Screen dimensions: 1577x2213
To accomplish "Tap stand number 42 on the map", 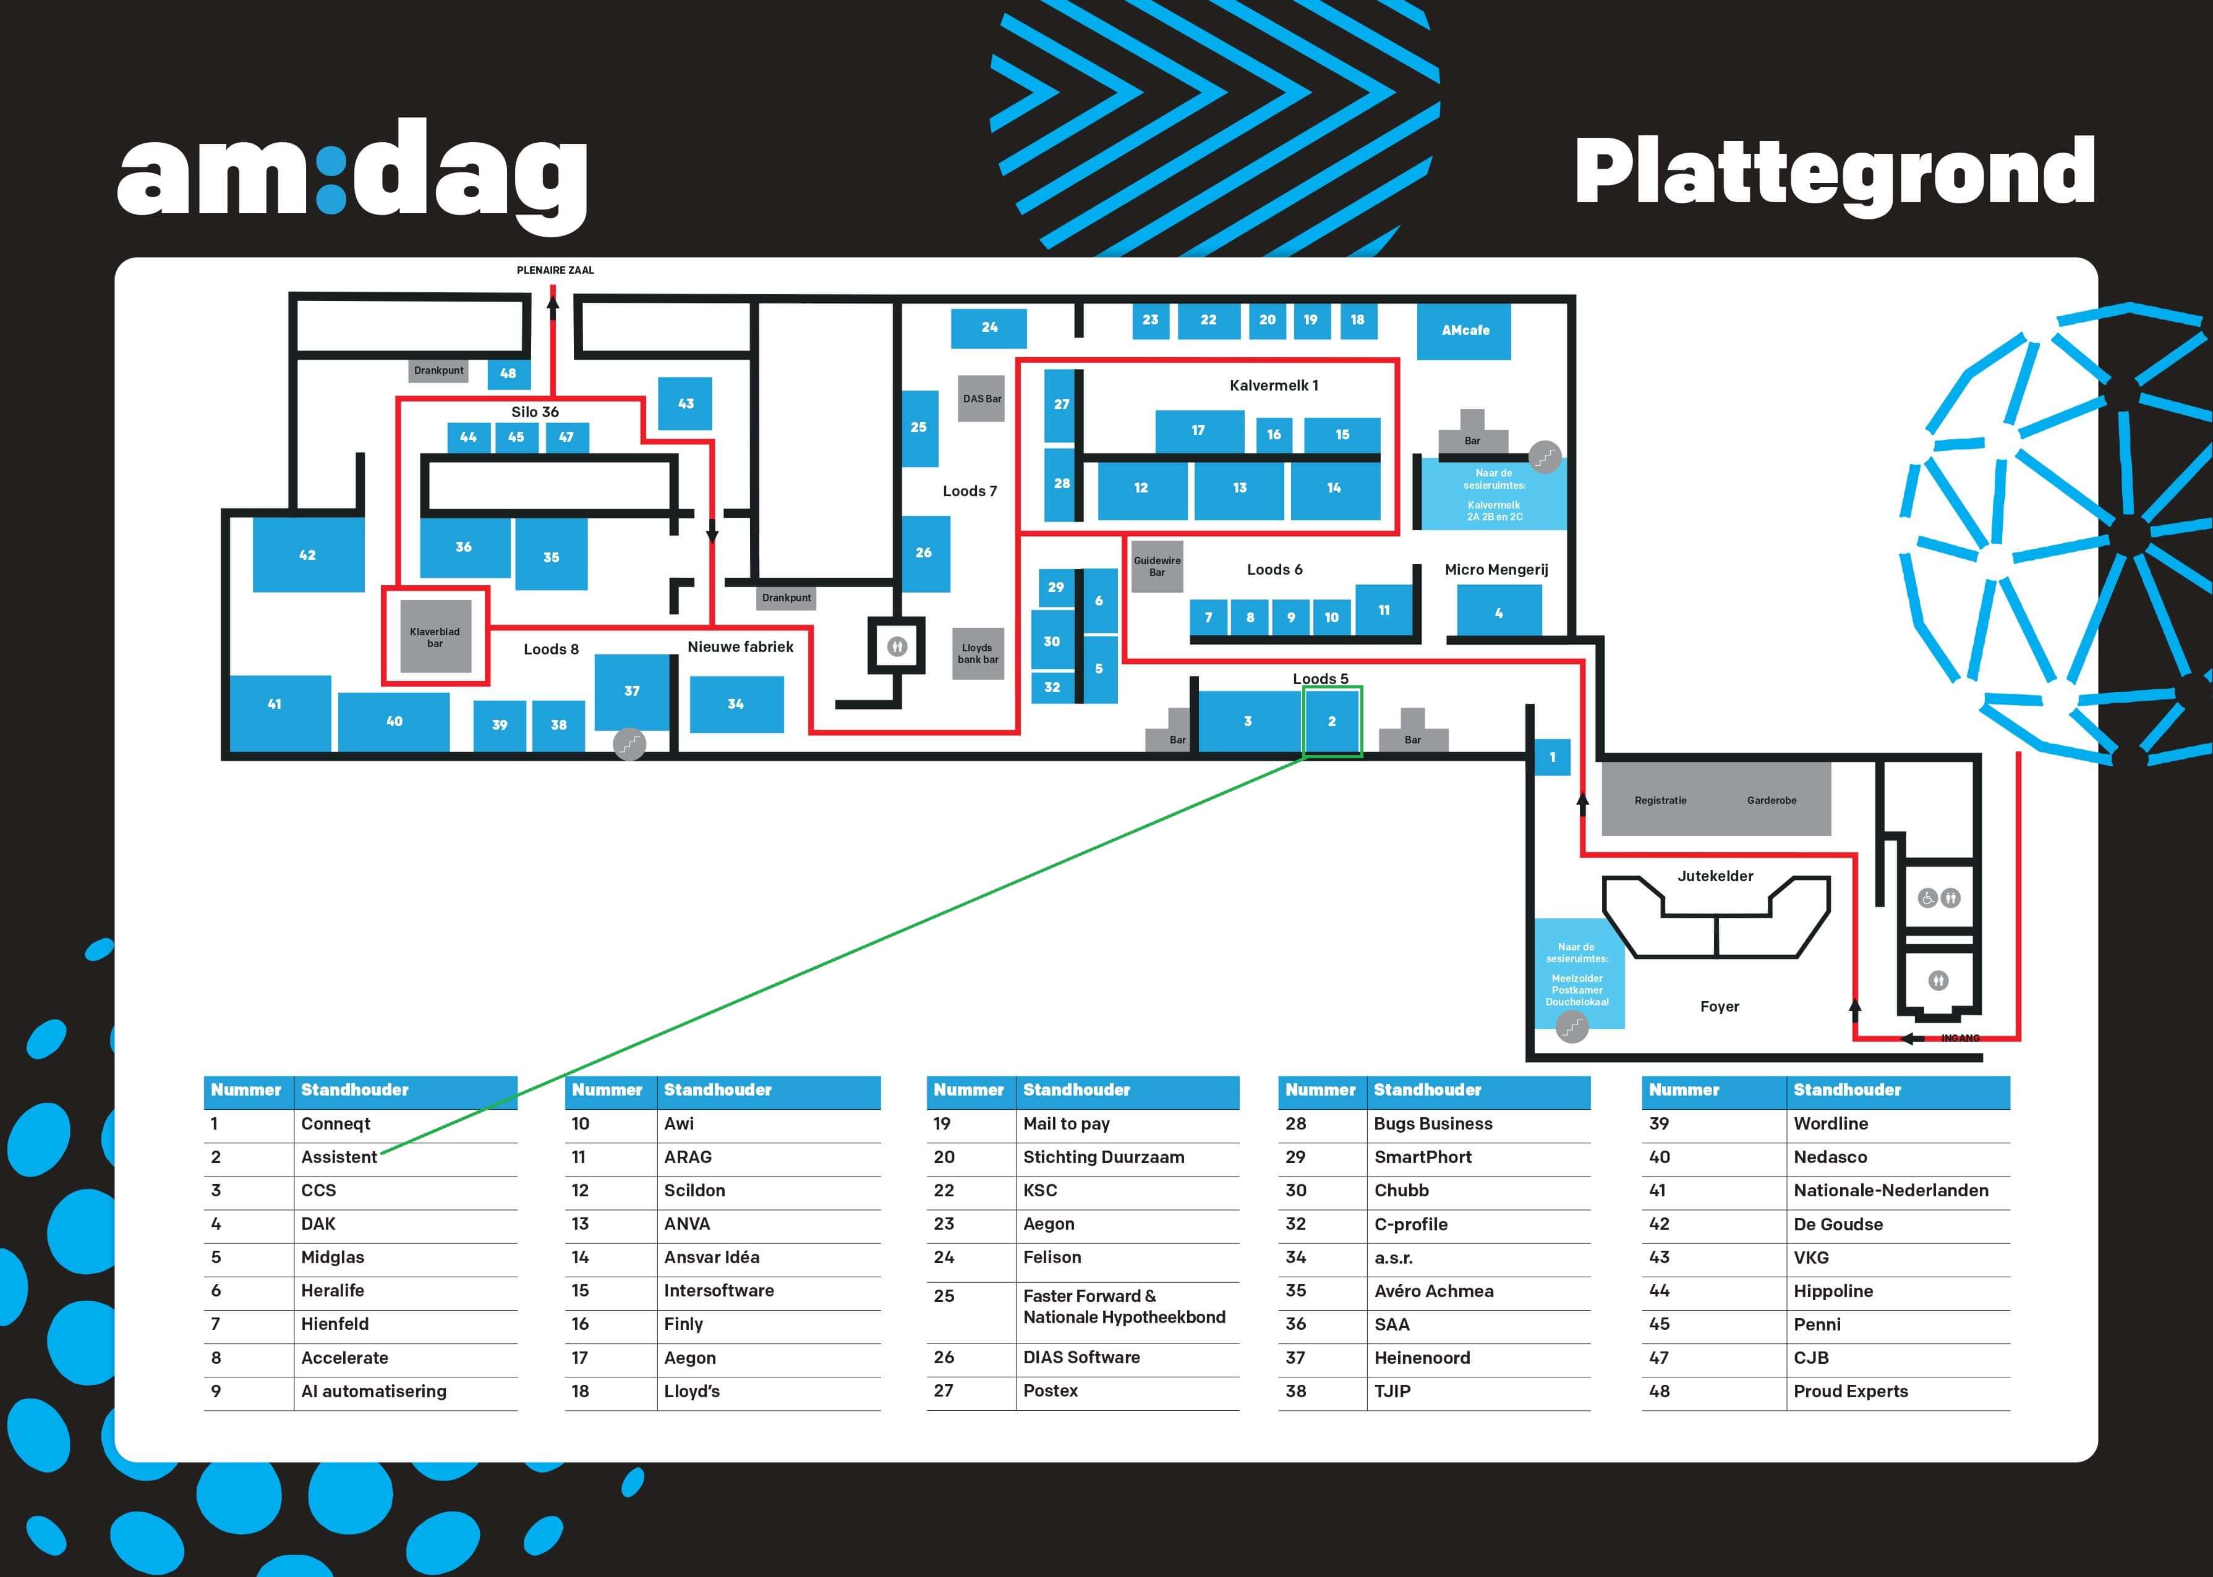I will (308, 554).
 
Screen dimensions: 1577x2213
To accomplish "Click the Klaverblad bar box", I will (435, 637).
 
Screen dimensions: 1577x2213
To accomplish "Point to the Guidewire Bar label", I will (1157, 566).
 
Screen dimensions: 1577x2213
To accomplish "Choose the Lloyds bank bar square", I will (978, 654).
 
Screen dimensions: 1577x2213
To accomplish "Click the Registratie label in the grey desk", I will (1660, 800).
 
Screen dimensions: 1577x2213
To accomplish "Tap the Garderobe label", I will (1771, 800).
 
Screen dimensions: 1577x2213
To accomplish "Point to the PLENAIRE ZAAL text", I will (555, 270).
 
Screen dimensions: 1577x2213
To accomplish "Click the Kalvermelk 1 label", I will (1274, 386).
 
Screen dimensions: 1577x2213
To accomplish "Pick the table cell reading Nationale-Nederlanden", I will (1890, 1191).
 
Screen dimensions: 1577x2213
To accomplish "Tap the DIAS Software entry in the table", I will (1081, 1358).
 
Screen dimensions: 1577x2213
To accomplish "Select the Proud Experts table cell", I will (1851, 1392).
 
